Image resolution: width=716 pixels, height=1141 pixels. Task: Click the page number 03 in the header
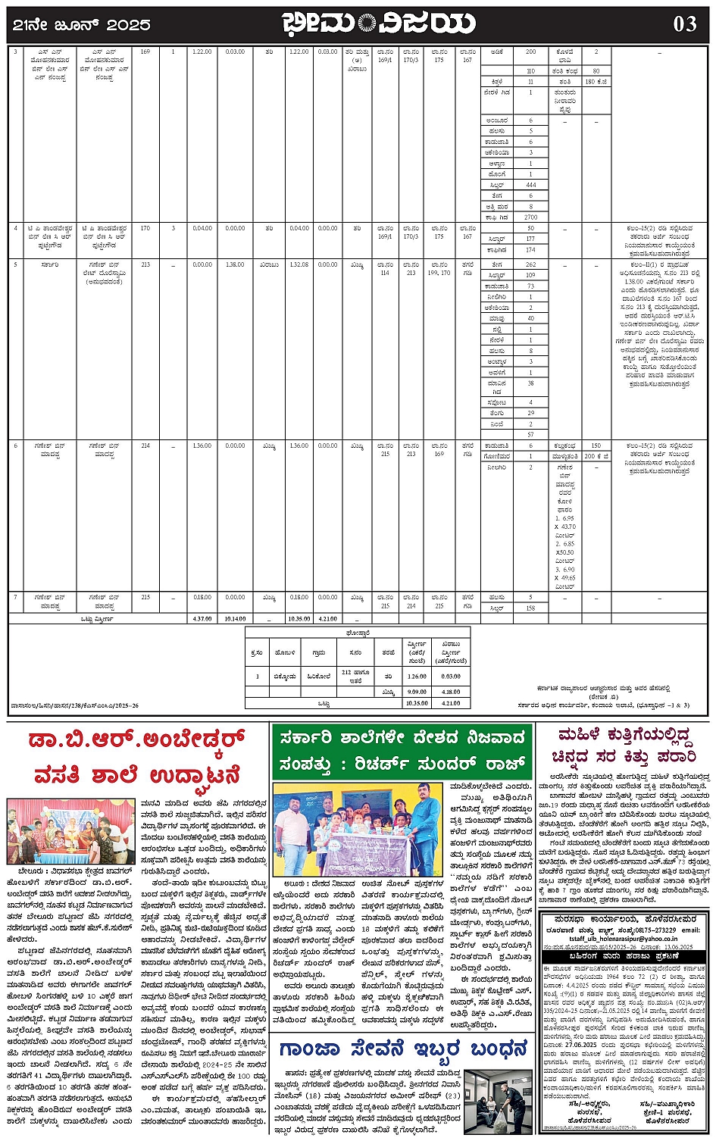684,24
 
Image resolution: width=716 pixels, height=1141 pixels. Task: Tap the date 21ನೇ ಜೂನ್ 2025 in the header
82,25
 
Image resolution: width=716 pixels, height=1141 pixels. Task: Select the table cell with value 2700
530,217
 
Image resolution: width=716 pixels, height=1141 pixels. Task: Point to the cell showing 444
530,185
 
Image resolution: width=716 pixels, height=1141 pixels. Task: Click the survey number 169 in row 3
145,52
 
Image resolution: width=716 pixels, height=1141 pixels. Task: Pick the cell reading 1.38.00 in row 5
235,264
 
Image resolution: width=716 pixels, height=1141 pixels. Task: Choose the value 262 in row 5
530,264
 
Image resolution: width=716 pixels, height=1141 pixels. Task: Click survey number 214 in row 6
145,445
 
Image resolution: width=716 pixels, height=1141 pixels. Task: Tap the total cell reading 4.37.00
202,618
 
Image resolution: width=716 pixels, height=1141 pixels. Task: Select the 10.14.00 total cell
235,618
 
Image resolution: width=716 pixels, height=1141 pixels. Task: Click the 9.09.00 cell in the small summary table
417,691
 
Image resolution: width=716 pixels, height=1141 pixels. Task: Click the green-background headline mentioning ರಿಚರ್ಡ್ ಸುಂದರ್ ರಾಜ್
402,751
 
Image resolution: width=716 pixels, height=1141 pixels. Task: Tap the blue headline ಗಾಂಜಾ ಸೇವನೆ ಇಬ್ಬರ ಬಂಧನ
402,1049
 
